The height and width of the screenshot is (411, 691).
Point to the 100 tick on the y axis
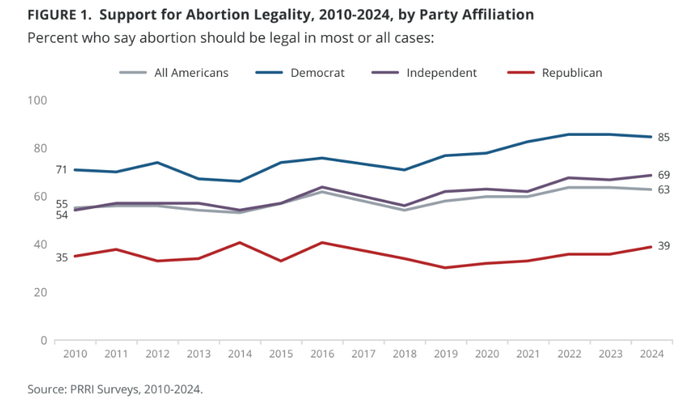(37, 100)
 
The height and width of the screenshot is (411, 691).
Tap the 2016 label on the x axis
(321, 354)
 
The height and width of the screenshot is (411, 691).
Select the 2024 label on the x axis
(651, 354)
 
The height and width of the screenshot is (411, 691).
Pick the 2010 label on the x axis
(75, 354)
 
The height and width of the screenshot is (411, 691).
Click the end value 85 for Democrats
(664, 138)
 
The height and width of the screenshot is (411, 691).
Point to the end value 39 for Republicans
(664, 246)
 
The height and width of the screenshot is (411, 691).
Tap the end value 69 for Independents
(664, 175)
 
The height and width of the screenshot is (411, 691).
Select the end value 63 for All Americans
(664, 190)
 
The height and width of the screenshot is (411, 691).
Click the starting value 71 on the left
(61, 170)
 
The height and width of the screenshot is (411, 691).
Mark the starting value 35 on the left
(61, 256)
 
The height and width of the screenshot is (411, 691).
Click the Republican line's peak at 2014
(240, 242)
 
